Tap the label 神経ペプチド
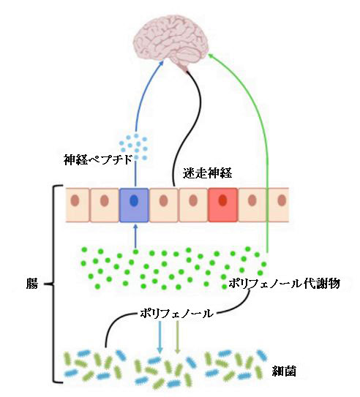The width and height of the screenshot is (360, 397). click(x=98, y=160)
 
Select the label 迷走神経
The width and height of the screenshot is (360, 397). click(x=207, y=173)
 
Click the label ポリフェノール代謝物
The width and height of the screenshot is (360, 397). click(x=284, y=284)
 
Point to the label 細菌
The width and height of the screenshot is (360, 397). click(x=284, y=371)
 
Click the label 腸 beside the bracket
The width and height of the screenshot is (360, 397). click(x=32, y=284)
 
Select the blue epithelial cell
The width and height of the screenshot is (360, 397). click(x=134, y=205)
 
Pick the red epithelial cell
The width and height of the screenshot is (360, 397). click(x=223, y=205)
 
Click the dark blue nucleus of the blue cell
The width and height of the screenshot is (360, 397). click(x=134, y=200)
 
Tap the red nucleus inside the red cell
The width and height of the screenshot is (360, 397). click(x=222, y=200)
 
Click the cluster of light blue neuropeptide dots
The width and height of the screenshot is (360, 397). click(x=134, y=147)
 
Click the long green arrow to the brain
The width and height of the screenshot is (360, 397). click(x=255, y=126)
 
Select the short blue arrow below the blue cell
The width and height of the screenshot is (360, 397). click(x=135, y=236)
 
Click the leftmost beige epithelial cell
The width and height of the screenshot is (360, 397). click(x=78, y=205)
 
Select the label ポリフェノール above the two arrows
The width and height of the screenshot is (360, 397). click(x=176, y=314)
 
